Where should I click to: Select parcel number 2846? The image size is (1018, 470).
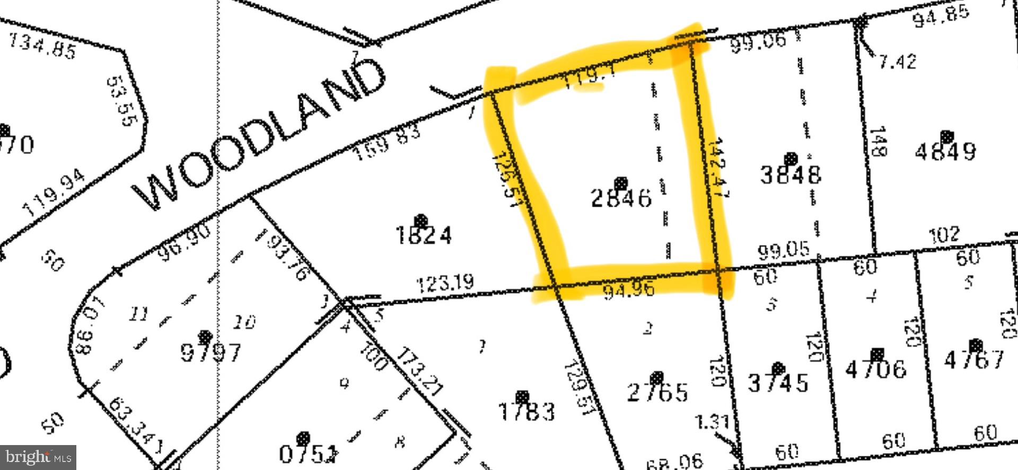621,198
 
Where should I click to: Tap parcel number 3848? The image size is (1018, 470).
791,175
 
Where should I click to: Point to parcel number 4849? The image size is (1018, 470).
945,152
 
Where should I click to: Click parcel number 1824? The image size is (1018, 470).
424,234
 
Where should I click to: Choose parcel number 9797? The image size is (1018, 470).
211,352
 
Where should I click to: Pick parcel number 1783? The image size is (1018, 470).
527,412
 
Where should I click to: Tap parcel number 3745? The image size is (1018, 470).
778,382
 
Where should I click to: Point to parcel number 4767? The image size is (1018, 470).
974,360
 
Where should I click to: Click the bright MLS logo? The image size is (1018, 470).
38,457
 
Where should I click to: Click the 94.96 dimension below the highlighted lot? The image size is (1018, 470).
629,290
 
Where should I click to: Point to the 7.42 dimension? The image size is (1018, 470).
897,62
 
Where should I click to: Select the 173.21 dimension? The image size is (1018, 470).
419,372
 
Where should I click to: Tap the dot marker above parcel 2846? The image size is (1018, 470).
621,184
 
